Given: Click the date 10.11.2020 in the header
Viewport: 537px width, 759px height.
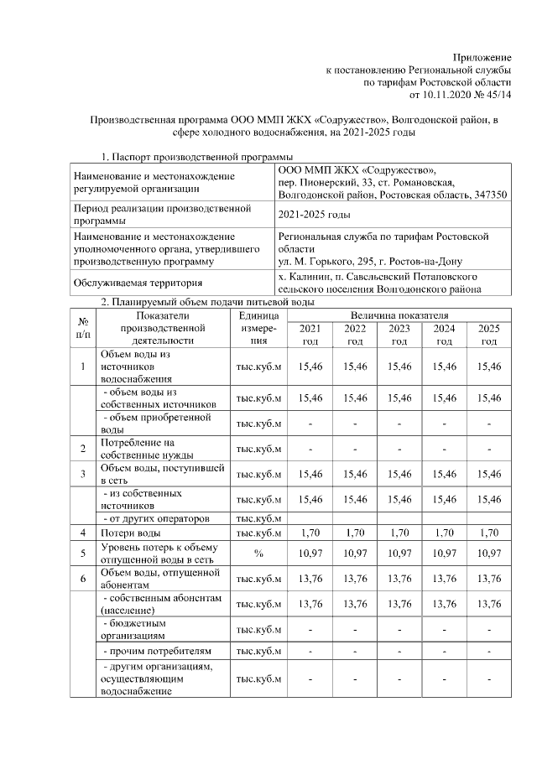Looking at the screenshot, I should (x=451, y=96).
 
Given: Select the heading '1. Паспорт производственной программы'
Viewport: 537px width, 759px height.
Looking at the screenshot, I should (x=197, y=157).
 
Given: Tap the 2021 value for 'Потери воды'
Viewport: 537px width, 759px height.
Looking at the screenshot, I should (x=310, y=533).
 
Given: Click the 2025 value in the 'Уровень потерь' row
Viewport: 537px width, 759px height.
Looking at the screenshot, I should (x=488, y=554).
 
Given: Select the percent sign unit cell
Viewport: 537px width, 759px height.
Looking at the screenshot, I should (x=259, y=554).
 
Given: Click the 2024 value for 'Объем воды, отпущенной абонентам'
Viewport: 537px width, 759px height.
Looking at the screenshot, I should (x=444, y=579).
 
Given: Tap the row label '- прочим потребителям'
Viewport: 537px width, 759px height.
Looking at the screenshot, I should (x=152, y=651).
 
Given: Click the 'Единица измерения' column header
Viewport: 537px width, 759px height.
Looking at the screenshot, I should (x=259, y=328).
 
